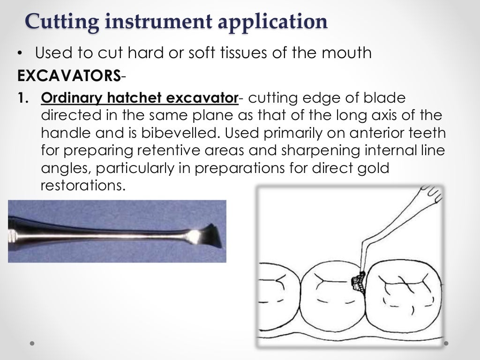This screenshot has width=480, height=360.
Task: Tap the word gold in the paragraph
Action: pyautogui.click(x=374, y=168)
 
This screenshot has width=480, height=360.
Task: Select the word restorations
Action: pyautogui.click(x=83, y=185)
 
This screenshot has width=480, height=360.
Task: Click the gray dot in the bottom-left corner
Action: pyautogui.click(x=32, y=343)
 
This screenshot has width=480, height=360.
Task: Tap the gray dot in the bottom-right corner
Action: pyautogui.click(x=447, y=343)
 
